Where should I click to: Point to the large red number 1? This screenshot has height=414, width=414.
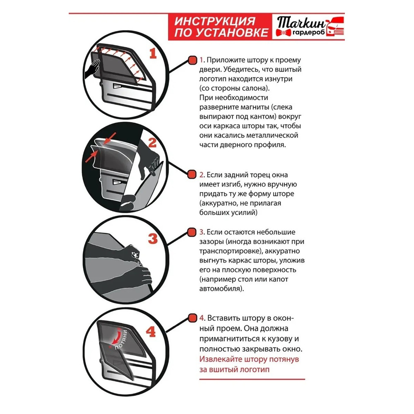click(153, 53)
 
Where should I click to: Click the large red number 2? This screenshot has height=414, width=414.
click(152, 143)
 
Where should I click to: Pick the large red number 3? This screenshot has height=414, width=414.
click(153, 239)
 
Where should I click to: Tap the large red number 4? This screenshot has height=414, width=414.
click(151, 331)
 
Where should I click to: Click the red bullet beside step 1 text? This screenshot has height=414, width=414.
click(192, 60)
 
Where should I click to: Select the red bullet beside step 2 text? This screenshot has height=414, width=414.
click(192, 174)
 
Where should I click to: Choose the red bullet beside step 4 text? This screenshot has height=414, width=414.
click(192, 318)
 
